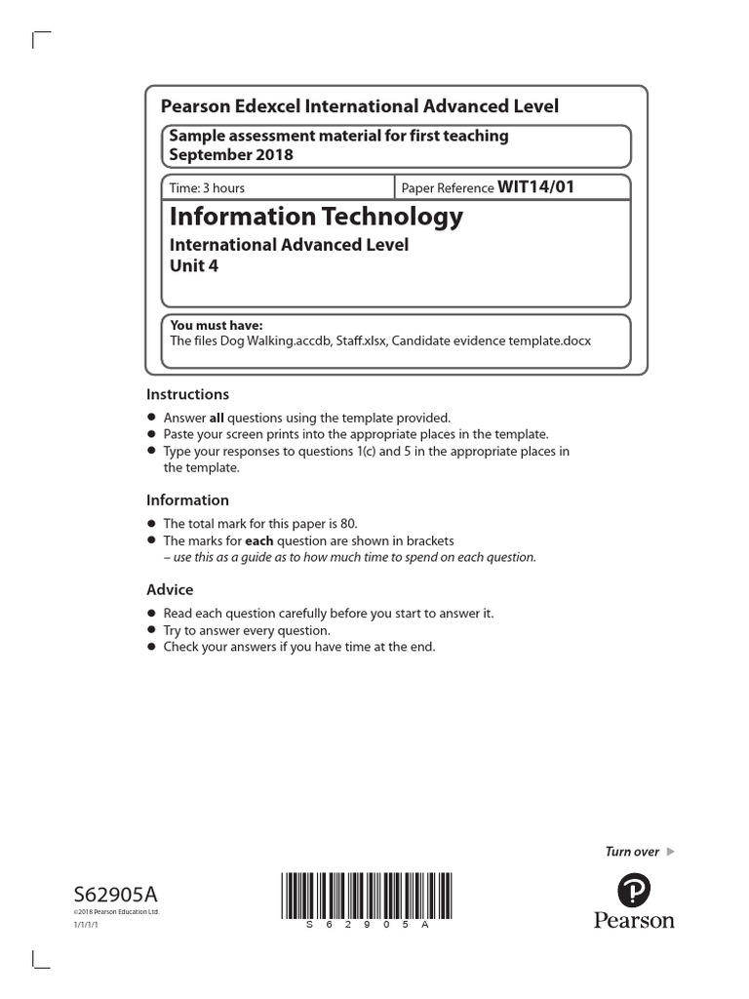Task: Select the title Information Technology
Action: (x=317, y=217)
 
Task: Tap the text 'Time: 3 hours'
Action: (x=208, y=188)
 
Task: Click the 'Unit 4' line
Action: (x=195, y=266)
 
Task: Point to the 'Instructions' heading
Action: (x=187, y=394)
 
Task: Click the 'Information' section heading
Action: (x=187, y=500)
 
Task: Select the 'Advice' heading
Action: (x=170, y=589)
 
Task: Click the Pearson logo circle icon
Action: (x=634, y=890)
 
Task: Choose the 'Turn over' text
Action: (x=632, y=852)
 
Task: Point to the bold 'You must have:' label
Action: (x=217, y=326)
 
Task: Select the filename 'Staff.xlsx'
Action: (x=356, y=340)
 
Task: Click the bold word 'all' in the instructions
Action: (x=217, y=418)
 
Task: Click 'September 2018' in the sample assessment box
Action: (x=231, y=154)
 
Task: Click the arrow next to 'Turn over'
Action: (x=670, y=852)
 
